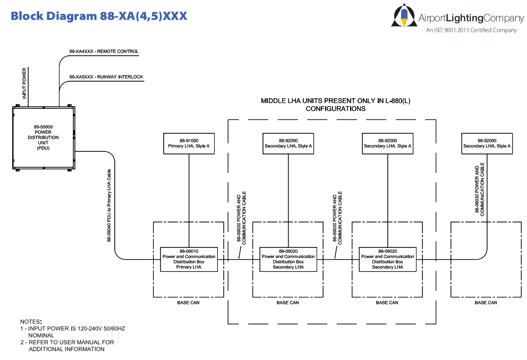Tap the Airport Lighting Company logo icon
click(x=403, y=16)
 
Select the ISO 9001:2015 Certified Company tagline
click(x=471, y=30)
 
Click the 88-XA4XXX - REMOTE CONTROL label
click(x=104, y=52)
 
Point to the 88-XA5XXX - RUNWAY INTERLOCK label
click(x=106, y=77)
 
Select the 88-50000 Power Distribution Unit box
click(x=43, y=138)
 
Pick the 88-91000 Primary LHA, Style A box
click(x=189, y=143)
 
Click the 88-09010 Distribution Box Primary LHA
click(x=189, y=259)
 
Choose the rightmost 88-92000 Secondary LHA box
click(x=487, y=143)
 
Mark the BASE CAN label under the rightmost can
click(x=486, y=303)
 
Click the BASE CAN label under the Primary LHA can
click(x=189, y=303)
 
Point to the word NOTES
click(x=31, y=322)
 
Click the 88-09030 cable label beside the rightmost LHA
click(x=480, y=189)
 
